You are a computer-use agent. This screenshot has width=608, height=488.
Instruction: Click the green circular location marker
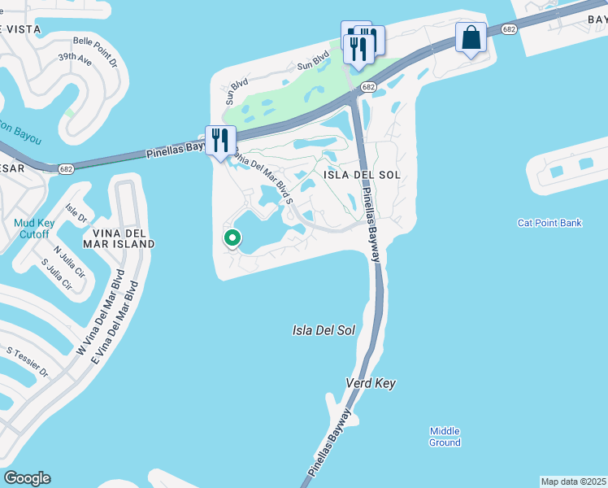click(232, 238)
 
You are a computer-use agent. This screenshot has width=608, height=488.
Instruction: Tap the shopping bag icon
click(471, 37)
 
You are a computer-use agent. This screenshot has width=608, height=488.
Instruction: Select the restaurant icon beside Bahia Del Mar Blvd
click(219, 140)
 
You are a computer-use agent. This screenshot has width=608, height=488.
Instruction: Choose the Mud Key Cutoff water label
click(33, 229)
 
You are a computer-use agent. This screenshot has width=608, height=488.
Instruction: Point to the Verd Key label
click(371, 383)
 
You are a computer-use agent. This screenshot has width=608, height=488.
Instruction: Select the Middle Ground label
click(445, 437)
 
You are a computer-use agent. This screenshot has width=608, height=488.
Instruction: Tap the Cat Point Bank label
click(549, 223)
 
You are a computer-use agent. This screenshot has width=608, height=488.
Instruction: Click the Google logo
click(27, 478)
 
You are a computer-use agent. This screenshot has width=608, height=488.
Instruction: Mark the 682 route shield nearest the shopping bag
click(509, 29)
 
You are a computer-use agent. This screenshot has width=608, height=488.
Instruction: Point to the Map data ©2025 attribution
click(573, 481)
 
